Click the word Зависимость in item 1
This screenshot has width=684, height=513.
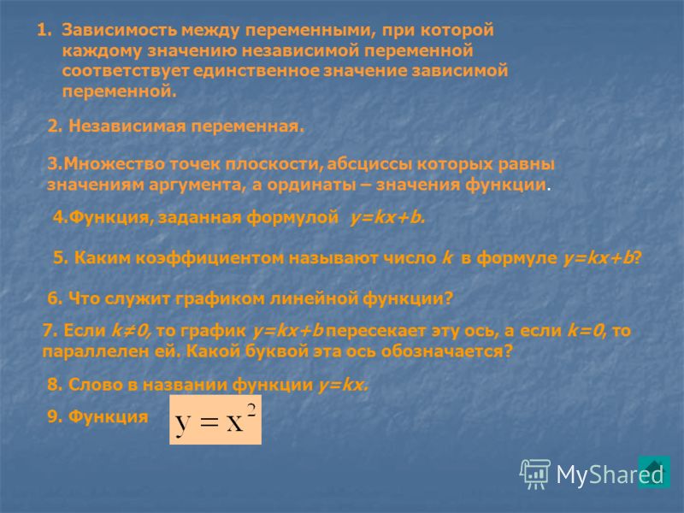pos(120,31)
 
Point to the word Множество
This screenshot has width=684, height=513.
pos(115,164)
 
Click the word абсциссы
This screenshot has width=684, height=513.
pos(370,165)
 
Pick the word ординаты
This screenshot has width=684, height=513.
pos(312,185)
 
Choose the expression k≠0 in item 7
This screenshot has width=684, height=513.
pos(131,331)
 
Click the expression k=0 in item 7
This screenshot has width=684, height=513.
pos(587,331)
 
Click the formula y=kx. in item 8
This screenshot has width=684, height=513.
pos(344,385)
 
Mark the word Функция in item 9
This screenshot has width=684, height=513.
pos(109,416)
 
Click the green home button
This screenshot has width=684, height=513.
pos(654,472)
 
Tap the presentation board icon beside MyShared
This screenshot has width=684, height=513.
pos(535,475)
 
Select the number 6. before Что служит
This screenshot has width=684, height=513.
pos(56,298)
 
